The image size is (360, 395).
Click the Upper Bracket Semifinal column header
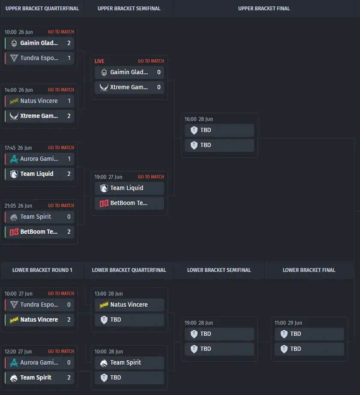point(129,9)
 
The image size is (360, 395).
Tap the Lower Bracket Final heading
point(309,270)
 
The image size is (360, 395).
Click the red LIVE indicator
point(99,61)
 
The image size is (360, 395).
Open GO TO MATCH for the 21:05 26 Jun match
point(61,205)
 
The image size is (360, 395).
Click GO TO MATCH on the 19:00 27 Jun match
point(151,177)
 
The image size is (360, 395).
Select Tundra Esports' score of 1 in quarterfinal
point(69,58)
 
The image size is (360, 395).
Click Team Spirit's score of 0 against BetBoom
point(69,217)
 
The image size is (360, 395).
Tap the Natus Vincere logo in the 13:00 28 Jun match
point(104,305)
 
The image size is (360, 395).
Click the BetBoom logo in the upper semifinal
point(104,203)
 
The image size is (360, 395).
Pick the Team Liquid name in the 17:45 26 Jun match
point(37,174)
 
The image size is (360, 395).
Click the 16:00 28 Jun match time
point(198,119)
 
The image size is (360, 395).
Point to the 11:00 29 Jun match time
point(288,323)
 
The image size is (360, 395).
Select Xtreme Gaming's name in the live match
point(129,87)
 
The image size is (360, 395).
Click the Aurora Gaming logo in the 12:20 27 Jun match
point(14,363)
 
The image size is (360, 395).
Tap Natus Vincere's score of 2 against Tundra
point(69,320)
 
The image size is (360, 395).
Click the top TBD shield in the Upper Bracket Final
point(194,130)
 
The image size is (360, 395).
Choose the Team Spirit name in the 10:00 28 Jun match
point(126,362)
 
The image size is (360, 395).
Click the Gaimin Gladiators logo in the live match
point(104,72)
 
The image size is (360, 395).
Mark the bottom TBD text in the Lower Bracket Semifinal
point(206,349)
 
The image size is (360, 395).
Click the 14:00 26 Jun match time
point(18,90)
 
